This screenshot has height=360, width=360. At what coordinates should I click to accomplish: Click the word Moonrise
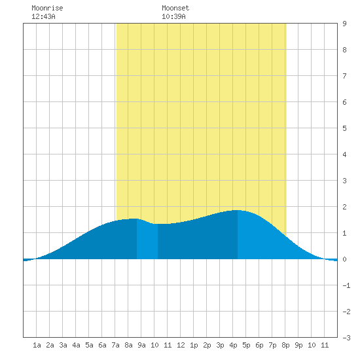(47, 8)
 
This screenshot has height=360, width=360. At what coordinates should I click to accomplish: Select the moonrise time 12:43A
(43, 16)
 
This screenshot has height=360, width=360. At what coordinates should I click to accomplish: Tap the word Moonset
(175, 8)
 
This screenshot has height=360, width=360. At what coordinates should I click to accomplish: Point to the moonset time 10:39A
(173, 16)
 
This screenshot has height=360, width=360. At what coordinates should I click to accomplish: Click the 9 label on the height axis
(344, 24)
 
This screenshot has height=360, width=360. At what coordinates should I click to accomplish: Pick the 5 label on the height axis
(344, 128)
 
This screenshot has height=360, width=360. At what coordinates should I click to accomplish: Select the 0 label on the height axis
(344, 259)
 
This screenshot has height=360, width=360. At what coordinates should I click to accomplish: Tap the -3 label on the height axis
(346, 338)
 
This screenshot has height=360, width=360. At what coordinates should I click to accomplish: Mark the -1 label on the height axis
(346, 285)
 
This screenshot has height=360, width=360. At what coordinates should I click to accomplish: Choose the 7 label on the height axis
(344, 76)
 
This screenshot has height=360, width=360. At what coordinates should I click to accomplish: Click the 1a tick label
(37, 345)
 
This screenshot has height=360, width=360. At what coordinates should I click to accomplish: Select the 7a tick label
(115, 345)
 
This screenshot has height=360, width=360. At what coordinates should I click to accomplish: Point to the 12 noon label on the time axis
(181, 345)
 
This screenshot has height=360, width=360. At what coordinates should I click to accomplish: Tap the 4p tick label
(233, 345)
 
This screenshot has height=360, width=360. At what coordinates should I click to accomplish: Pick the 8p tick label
(285, 345)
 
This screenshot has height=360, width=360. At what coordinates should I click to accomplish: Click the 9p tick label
(298, 345)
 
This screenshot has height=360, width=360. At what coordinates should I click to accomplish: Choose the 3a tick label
(63, 345)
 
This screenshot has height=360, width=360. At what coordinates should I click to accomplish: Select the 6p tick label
(259, 345)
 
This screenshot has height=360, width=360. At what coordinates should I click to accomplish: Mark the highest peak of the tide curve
(238, 210)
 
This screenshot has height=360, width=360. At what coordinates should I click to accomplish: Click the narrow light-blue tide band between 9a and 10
(147, 240)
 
